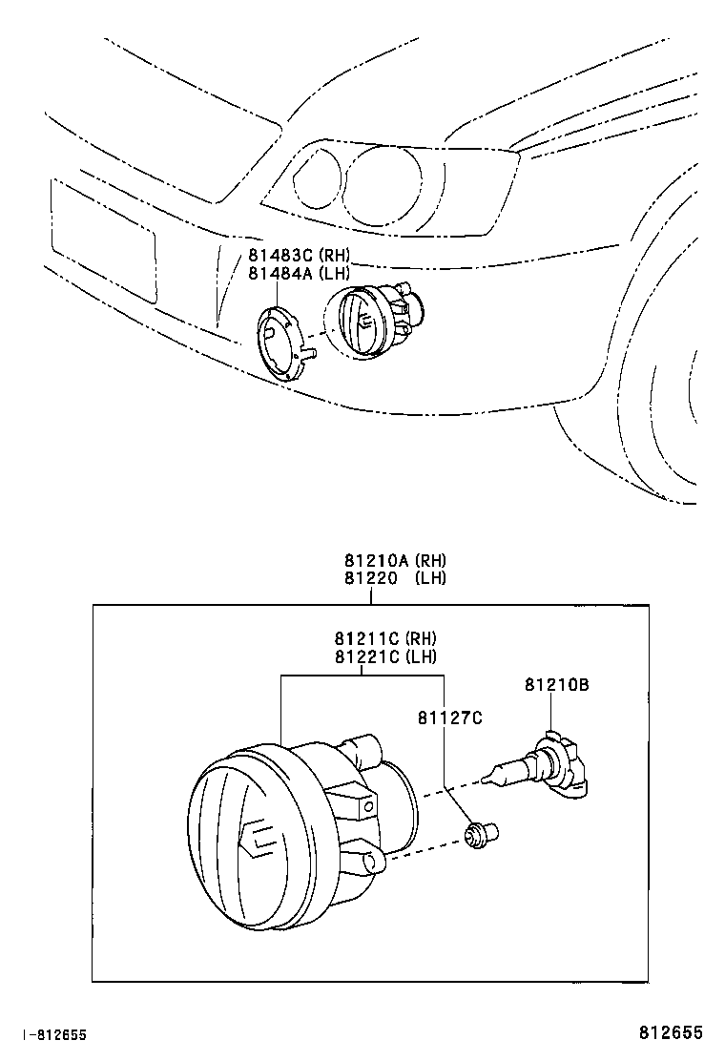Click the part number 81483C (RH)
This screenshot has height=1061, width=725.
click(299, 255)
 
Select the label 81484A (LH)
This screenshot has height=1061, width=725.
click(299, 273)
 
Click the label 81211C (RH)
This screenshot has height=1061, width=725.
click(384, 637)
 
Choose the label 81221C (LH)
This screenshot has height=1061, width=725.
click(384, 655)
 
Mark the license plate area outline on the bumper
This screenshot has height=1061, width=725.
click(103, 243)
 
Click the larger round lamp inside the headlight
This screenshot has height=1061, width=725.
click(382, 186)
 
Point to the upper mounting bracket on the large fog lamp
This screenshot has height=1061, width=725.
click(353, 800)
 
